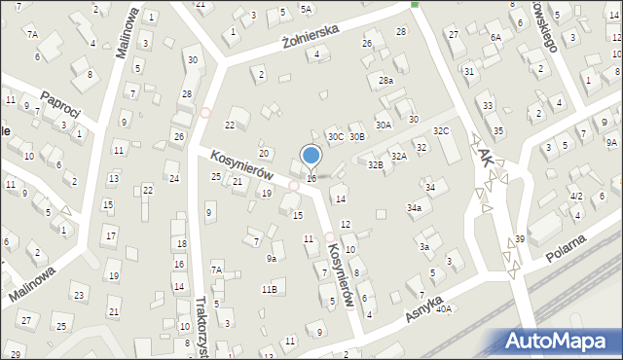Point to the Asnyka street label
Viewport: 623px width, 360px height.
click(425, 310)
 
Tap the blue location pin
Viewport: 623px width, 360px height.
click(311, 156)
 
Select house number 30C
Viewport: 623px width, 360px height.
click(335, 137)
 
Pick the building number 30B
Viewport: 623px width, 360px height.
click(357, 137)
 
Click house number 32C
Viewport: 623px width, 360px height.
click(441, 130)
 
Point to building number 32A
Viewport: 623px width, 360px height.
click(398, 156)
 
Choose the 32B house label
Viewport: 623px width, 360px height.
click(375, 165)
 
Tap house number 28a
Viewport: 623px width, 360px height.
click(386, 80)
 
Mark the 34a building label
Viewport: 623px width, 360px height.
click(415, 207)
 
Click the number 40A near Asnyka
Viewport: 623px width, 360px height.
click(444, 308)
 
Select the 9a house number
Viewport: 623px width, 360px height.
click(273, 258)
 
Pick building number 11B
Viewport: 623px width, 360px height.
click(269, 289)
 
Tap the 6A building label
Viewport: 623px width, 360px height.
click(495, 37)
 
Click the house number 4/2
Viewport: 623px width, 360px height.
click(576, 197)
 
